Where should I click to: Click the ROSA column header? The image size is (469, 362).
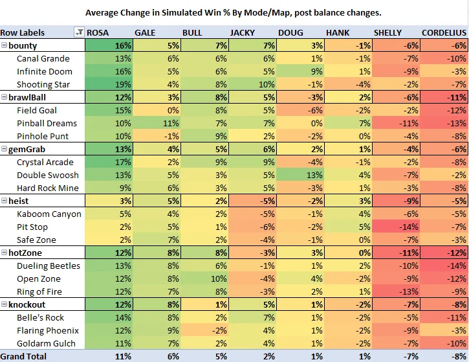click(98, 32)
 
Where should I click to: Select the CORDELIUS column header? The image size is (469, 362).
click(443, 32)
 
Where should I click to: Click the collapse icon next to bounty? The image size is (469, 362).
click(5, 46)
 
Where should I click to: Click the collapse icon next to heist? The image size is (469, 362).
click(5, 201)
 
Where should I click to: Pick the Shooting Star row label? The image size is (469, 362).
click(45, 84)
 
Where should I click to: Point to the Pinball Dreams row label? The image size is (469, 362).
click(47, 123)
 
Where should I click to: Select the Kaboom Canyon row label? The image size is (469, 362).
click(49, 214)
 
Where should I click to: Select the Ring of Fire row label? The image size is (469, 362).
click(39, 291)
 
